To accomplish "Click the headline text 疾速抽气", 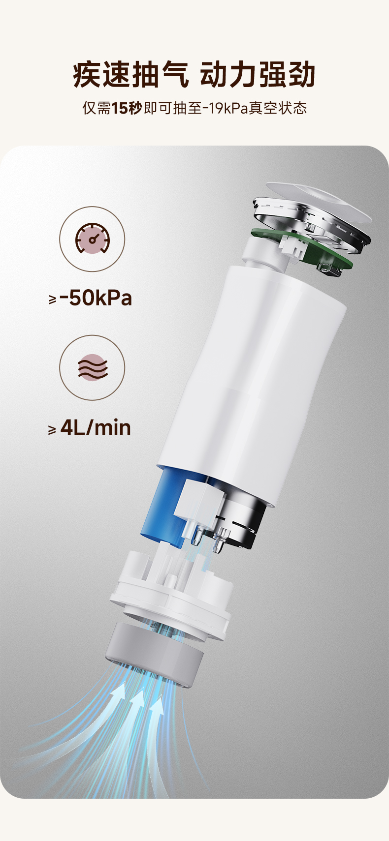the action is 131,75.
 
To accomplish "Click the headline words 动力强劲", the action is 258,75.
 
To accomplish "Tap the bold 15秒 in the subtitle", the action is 127,108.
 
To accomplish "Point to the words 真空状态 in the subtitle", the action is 278,108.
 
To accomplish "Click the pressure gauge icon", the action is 92,239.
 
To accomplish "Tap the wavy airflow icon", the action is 93,367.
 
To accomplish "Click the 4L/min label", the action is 96,428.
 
